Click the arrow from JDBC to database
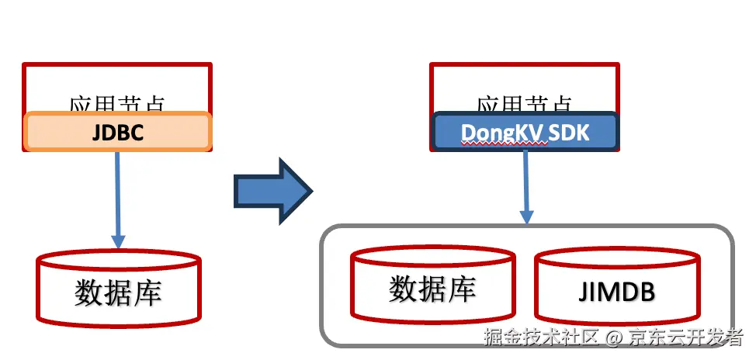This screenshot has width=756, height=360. pos(118,198)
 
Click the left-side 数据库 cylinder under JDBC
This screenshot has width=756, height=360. pos(119,287)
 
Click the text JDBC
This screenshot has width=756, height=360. pos(118,132)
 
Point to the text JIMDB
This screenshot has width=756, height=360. pos(617,292)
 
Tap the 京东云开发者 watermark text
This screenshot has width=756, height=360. pos(685,337)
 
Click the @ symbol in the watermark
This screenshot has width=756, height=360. pos(614,338)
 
